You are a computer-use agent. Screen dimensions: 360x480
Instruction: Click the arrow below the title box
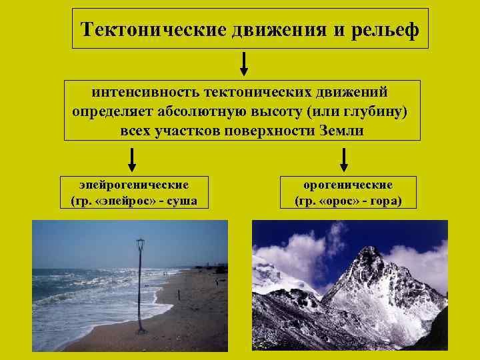click(x=245, y=63)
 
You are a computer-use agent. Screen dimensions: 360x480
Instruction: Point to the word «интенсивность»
click(x=145, y=91)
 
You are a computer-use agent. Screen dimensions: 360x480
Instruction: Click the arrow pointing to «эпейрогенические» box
click(x=132, y=160)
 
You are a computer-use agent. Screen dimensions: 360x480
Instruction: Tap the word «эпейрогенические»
click(x=133, y=185)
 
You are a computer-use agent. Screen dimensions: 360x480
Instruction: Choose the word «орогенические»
click(x=348, y=185)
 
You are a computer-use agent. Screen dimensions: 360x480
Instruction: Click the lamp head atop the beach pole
click(x=140, y=244)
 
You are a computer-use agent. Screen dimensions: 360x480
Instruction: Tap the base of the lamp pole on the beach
click(x=141, y=330)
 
